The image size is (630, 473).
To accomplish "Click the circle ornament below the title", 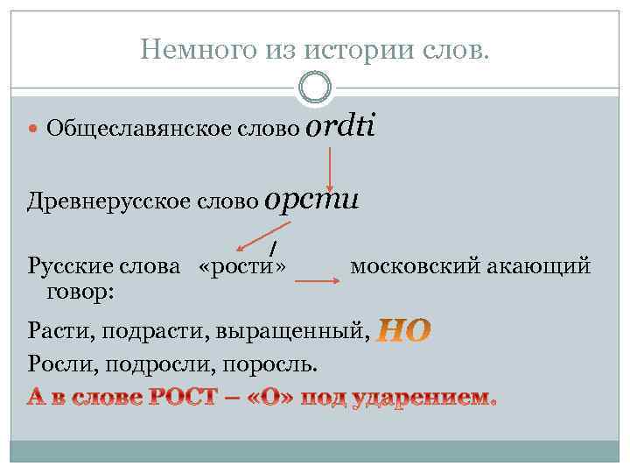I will click(315, 87).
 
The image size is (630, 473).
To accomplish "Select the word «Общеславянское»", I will click(139, 130).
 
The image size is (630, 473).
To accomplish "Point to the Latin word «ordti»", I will click(340, 126).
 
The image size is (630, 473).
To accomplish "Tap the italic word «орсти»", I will click(311, 199).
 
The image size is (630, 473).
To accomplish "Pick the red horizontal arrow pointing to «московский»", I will click(316, 281).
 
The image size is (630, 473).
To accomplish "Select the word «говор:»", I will click(73, 288).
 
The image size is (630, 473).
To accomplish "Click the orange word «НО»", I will click(403, 331).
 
